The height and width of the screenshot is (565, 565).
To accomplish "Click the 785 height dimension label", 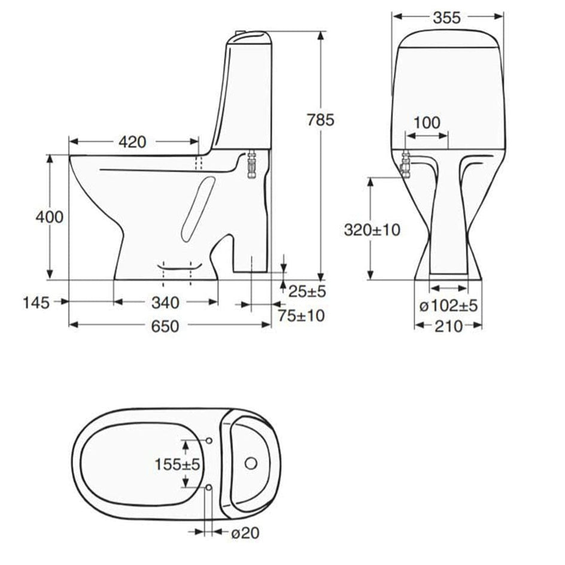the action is [320, 120].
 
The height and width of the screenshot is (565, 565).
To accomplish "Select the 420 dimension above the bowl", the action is [133, 142].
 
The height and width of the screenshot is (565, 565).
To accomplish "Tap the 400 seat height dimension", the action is [49, 217].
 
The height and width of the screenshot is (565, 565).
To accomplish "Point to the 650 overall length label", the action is [165, 326].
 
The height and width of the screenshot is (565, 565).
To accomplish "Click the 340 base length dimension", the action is [165, 303].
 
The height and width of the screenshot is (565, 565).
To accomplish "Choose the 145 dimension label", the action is [36, 303].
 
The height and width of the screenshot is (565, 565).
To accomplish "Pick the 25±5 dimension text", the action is [308, 291].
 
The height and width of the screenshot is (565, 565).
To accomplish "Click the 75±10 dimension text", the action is [301, 315].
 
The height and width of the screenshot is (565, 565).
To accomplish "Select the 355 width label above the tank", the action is [447, 18].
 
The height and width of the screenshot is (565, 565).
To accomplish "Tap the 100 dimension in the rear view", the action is [427, 123].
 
